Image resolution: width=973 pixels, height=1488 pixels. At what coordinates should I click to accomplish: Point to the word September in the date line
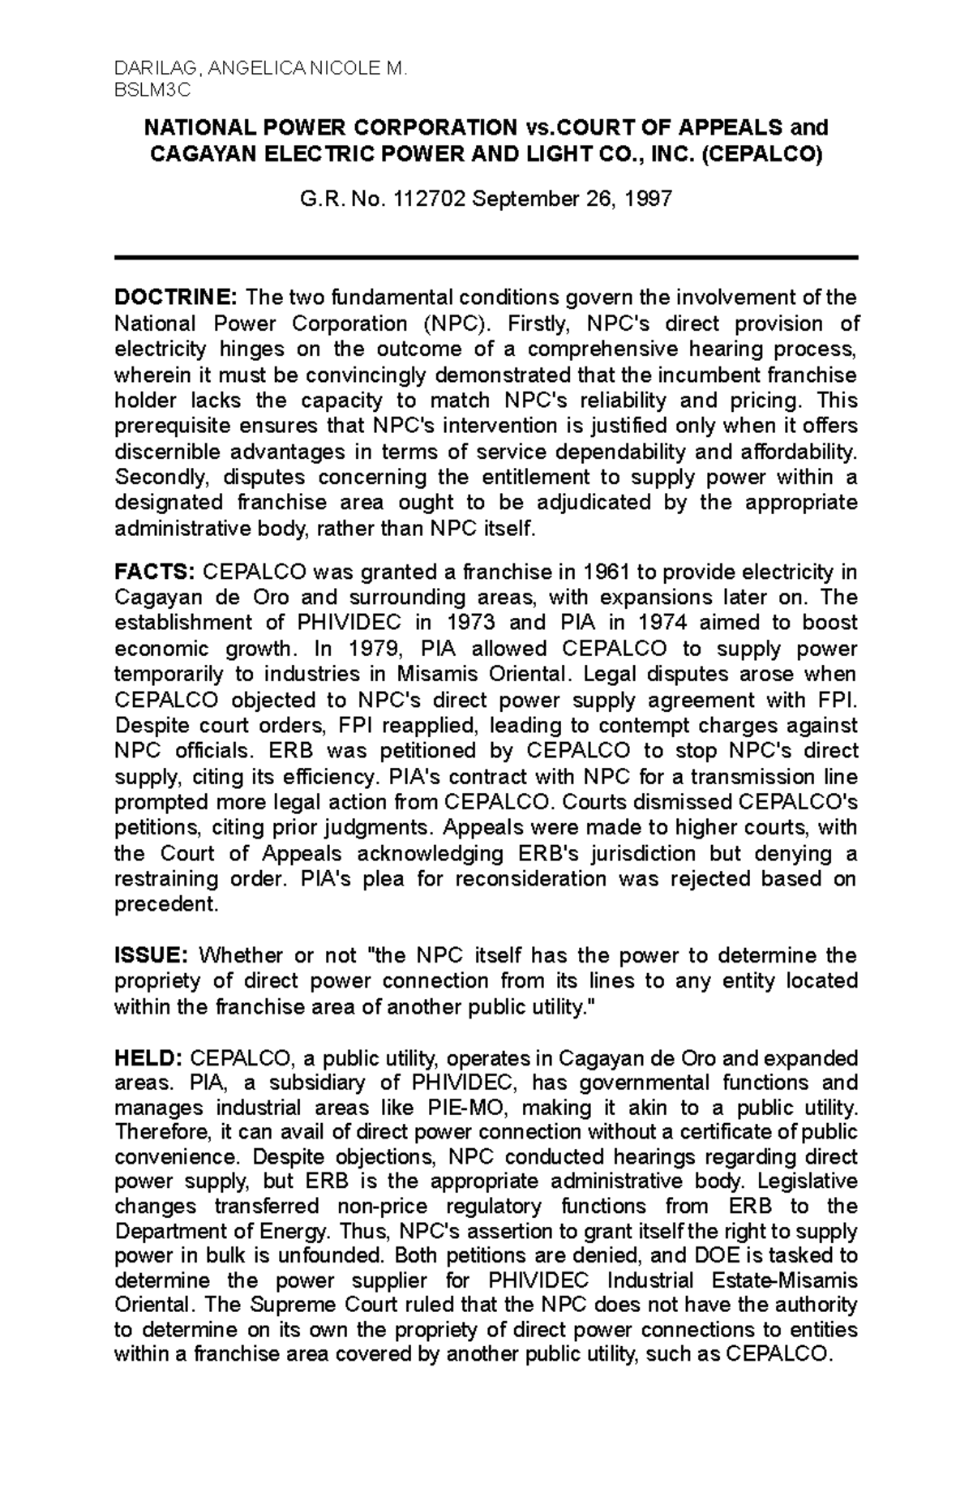(521, 199)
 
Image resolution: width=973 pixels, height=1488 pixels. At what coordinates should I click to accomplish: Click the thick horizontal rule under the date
(486, 257)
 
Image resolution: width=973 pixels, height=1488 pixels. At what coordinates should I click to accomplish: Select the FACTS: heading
(155, 572)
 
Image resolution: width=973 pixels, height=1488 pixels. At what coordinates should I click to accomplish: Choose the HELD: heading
(148, 1058)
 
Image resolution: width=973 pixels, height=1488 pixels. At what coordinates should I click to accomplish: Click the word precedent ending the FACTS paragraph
(167, 904)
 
